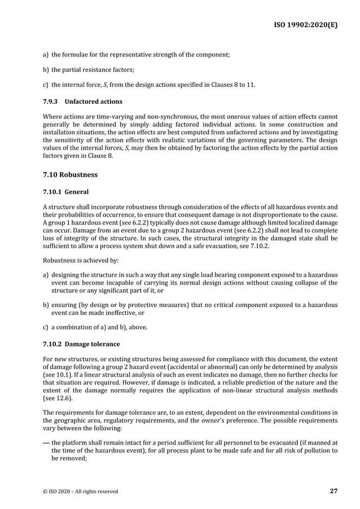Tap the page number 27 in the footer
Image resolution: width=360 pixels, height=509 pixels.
pos(333,491)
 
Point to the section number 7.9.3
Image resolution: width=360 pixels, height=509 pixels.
pos(51,102)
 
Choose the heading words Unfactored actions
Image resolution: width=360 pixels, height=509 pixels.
pos(94,102)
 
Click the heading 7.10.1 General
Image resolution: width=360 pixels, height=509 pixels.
pos(65,192)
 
